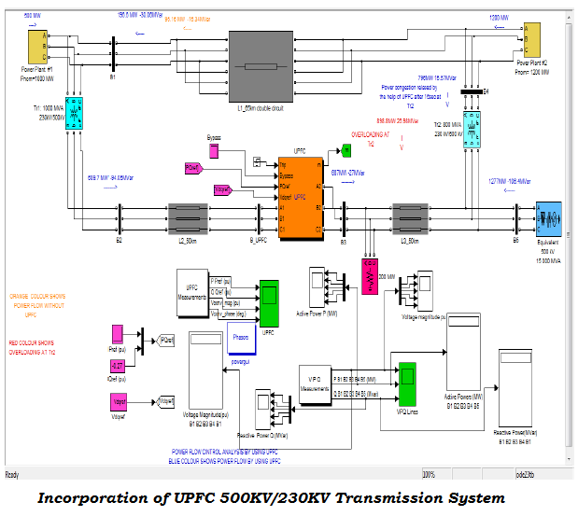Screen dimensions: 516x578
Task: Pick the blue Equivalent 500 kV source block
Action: click(546, 219)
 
